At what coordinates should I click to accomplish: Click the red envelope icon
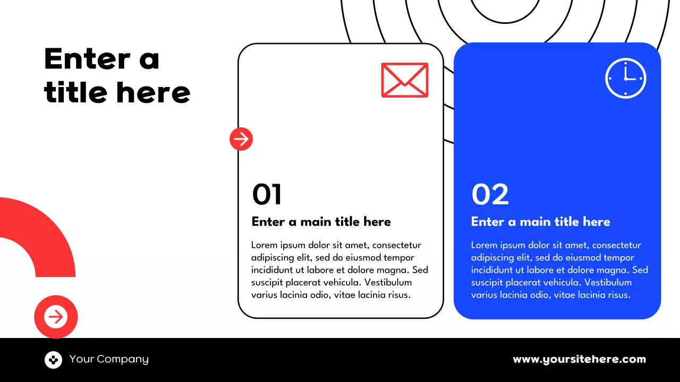point(404,80)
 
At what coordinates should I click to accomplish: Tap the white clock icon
point(625,78)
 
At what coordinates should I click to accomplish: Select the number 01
point(267,195)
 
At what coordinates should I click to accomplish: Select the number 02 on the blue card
point(490,195)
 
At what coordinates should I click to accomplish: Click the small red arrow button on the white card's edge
point(241,139)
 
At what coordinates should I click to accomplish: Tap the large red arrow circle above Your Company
point(56,317)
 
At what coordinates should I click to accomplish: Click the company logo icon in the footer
point(53,360)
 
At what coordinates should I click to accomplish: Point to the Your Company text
point(109,359)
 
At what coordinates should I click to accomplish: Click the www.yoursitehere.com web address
point(579,359)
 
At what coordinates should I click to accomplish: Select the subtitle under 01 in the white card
point(321,222)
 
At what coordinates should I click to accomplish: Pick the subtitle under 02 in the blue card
point(540,222)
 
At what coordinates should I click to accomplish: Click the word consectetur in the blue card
point(616,245)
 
